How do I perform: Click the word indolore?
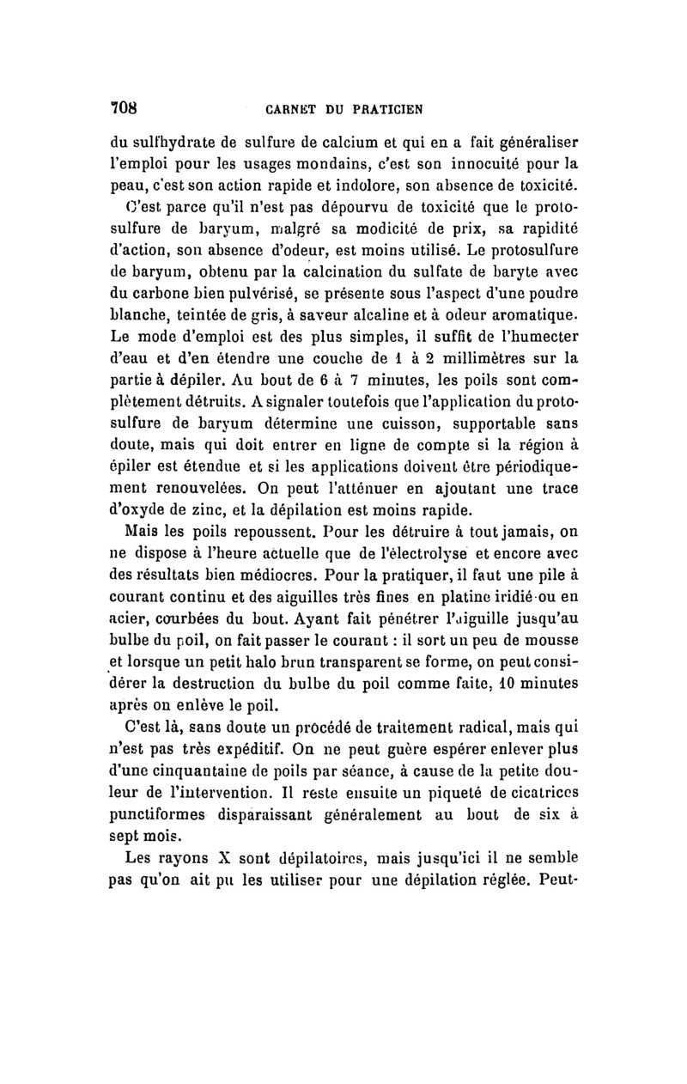click(x=364, y=184)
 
